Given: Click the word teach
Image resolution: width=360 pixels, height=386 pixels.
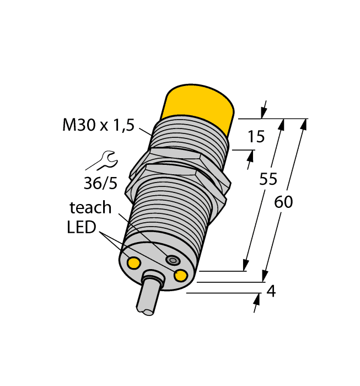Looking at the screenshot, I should tap(90, 207).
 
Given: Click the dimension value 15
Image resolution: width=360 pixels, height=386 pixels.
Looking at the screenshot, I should tap(256, 136).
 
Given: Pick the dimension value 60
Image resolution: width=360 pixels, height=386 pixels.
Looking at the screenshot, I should tap(283, 202).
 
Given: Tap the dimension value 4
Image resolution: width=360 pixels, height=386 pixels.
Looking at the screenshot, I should tap(270, 291).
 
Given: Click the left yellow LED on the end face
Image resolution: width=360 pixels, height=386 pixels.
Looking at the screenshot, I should tap(133, 262).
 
